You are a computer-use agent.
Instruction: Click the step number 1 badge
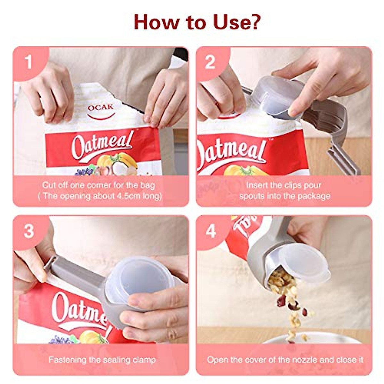(28, 62)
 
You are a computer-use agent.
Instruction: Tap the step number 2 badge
(210, 62)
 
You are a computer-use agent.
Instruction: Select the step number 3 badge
(28, 231)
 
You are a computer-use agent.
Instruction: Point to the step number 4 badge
(211, 231)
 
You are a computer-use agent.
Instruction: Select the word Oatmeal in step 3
(80, 309)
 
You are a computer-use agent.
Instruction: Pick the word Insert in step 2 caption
(257, 185)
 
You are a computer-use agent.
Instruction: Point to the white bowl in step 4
(317, 339)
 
